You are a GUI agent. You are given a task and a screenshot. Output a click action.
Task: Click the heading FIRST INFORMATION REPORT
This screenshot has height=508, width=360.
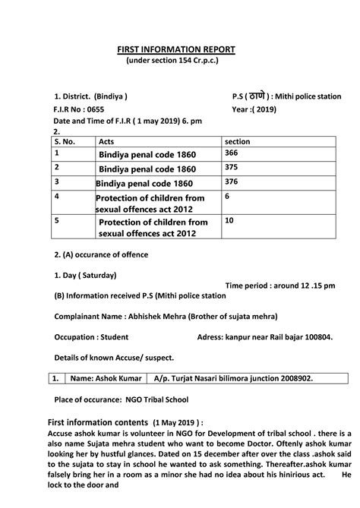[x=176, y=49]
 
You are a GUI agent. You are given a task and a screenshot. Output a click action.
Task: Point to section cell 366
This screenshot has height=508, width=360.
[x=232, y=153]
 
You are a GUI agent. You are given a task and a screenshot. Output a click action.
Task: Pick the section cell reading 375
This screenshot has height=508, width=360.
[x=232, y=168]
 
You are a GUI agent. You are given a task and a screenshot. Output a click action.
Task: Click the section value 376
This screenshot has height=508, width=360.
[x=232, y=182]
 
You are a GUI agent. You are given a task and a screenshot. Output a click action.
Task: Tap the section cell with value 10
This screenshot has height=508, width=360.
[x=229, y=220]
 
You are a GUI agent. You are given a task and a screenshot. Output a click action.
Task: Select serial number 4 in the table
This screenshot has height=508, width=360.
[x=56, y=197]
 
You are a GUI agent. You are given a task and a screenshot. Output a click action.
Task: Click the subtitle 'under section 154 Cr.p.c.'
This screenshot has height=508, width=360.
[x=176, y=62]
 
